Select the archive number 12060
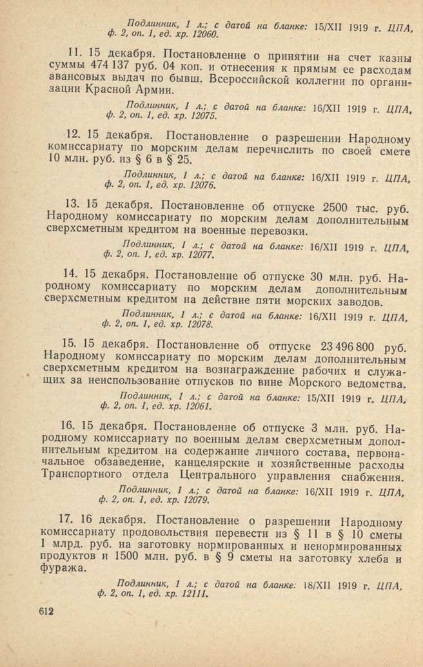(x=202, y=34)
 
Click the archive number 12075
(x=201, y=117)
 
